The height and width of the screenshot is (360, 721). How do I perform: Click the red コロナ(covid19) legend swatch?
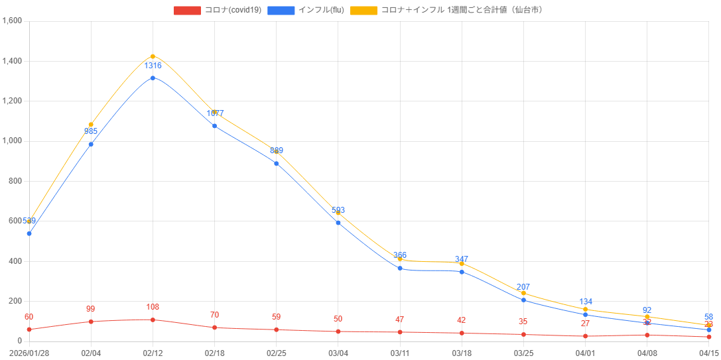point(187,10)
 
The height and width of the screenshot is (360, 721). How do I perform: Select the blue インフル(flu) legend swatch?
point(281,10)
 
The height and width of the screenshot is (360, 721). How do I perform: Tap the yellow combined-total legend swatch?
point(363,10)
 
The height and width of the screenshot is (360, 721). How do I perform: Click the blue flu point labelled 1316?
point(153,78)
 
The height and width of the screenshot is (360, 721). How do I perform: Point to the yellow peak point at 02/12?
point(153,56)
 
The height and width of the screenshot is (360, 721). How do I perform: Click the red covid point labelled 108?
point(153,320)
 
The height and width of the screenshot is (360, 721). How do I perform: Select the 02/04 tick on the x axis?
point(91,353)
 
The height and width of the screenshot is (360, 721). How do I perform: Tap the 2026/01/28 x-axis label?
point(29,353)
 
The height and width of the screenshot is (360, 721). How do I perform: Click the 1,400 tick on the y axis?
point(13,61)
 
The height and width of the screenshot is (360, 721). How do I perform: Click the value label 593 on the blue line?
point(338,210)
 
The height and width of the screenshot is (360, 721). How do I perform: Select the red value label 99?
point(91,309)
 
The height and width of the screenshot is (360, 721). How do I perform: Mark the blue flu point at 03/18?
point(462,272)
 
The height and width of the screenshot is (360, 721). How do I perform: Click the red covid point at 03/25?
point(523,334)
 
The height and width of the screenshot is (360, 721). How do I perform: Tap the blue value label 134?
point(586,302)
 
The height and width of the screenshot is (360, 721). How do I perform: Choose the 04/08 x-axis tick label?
point(647,353)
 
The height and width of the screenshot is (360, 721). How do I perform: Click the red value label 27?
point(586,324)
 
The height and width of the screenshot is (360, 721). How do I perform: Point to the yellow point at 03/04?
point(338,213)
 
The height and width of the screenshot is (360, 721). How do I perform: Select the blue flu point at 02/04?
point(91,144)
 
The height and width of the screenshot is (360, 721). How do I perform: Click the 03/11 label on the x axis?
point(400,353)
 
